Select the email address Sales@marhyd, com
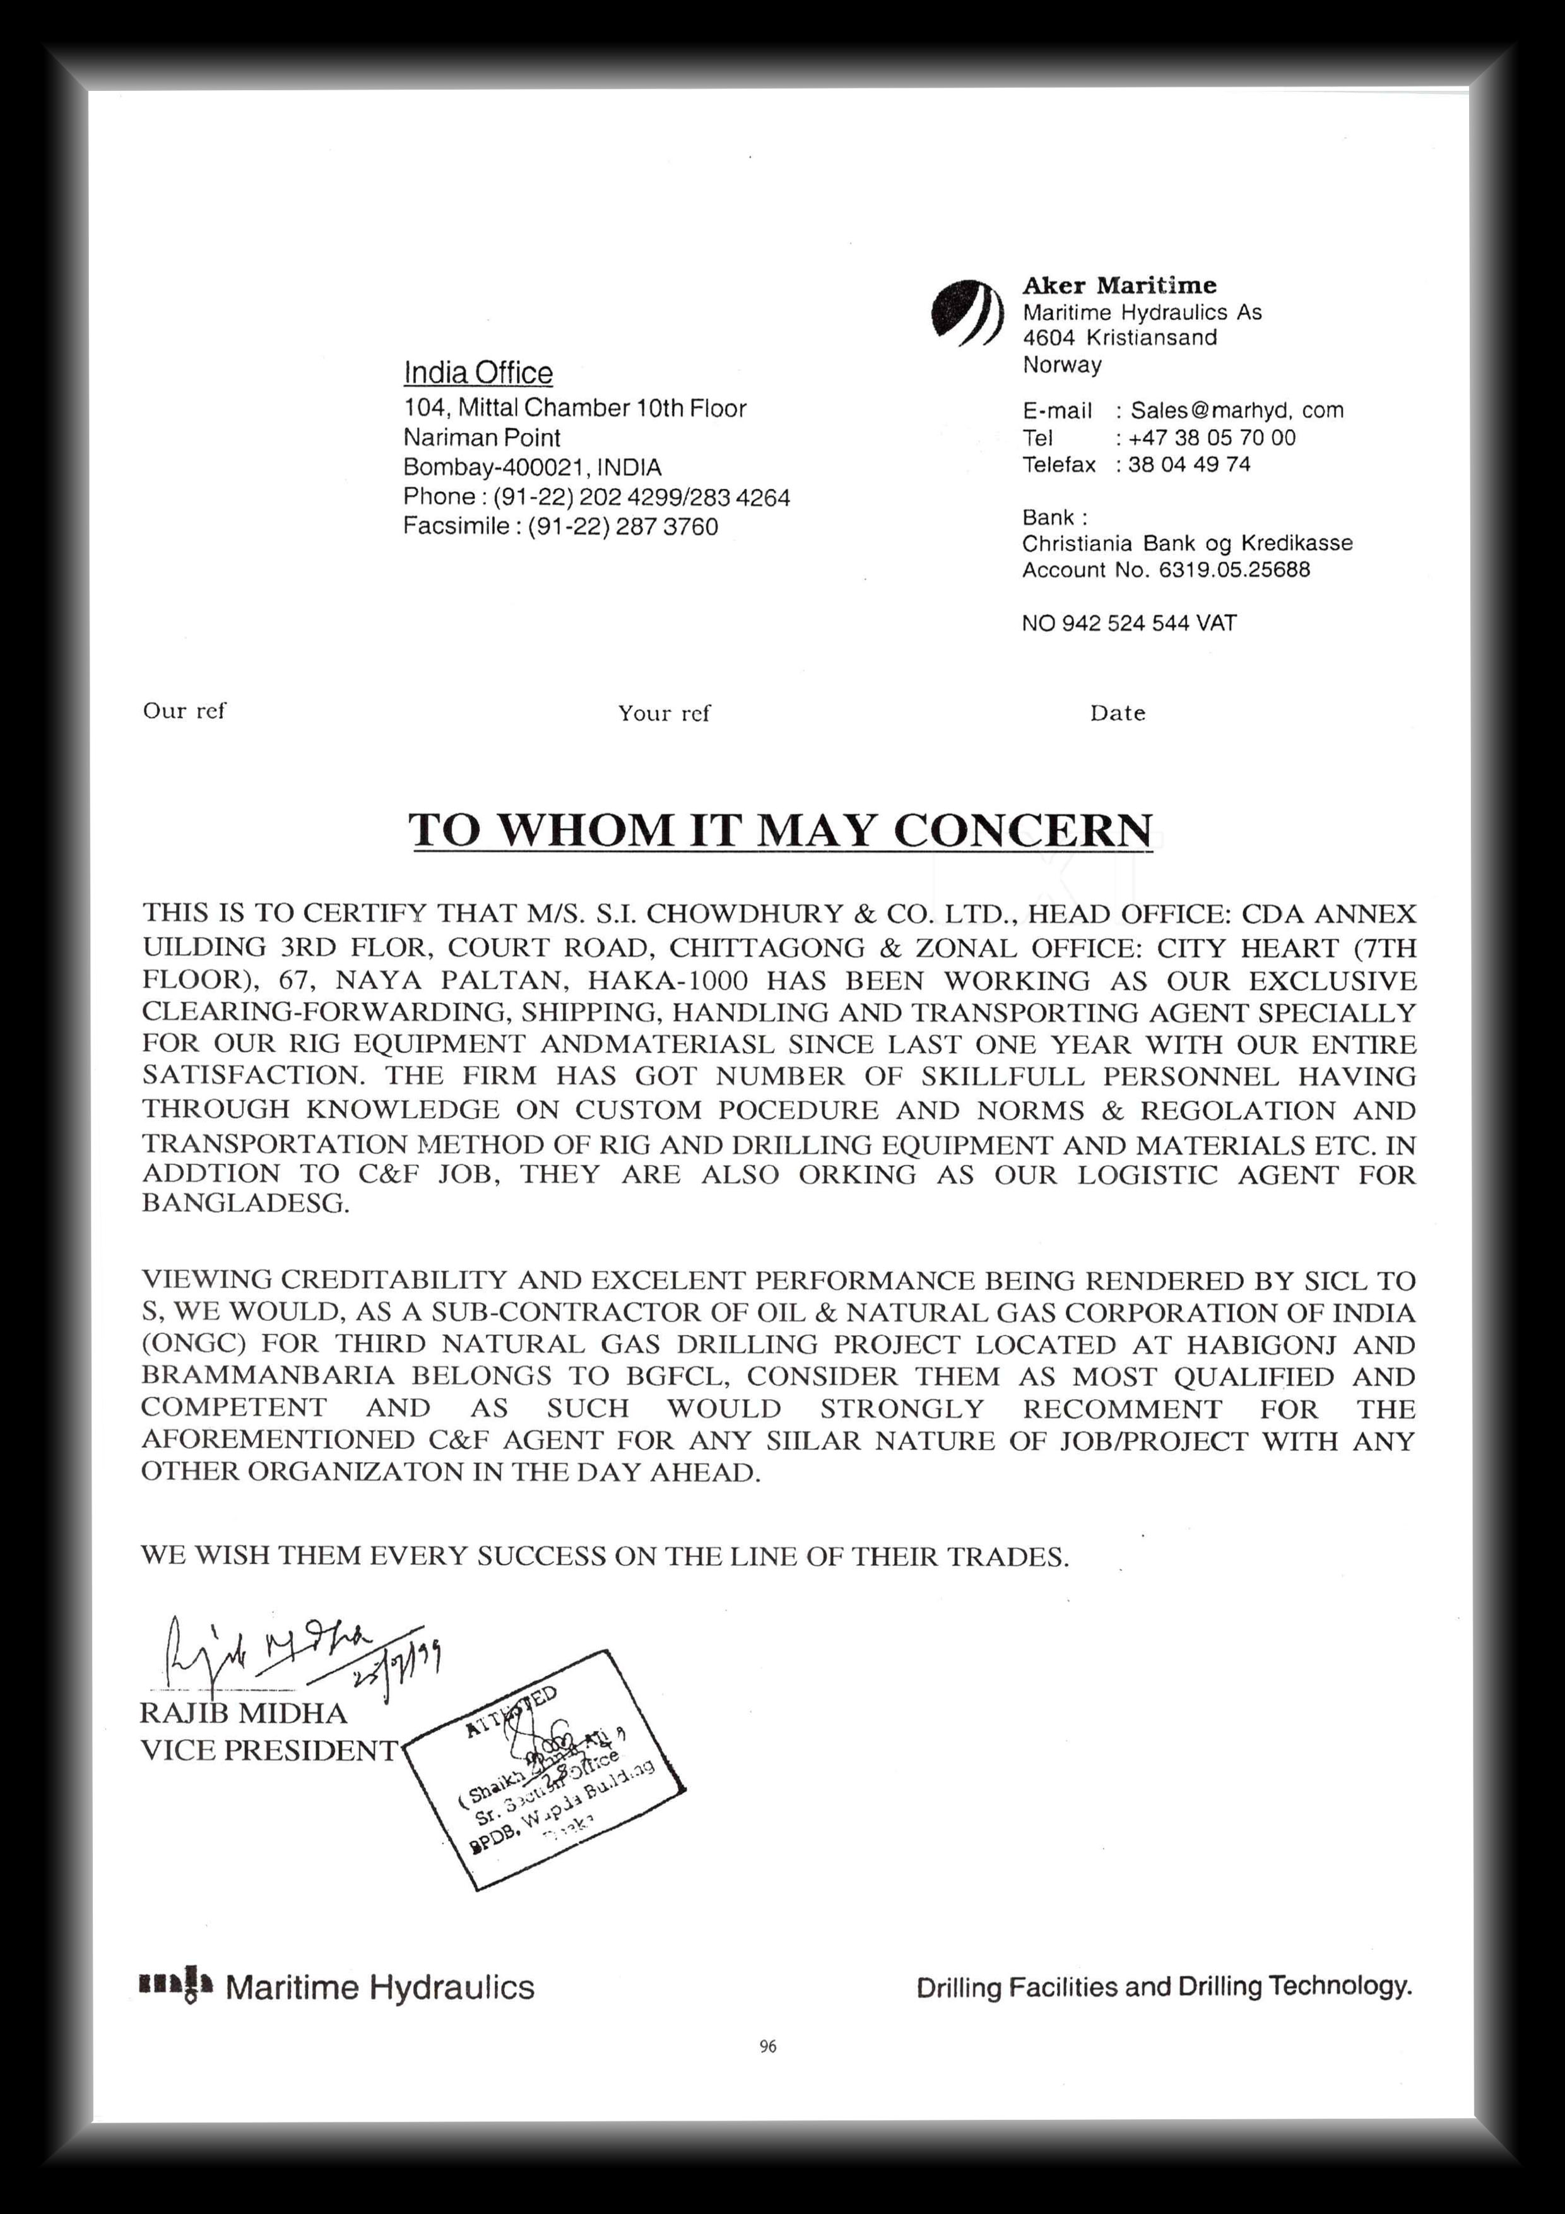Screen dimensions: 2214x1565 pos(1236,410)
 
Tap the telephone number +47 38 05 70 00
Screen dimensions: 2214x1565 pos(1212,438)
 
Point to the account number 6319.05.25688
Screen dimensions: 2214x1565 pos(1234,570)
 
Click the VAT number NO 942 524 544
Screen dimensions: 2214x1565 pos(1128,623)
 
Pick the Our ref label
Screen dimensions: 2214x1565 pos(184,711)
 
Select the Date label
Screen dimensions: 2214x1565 pos(1118,714)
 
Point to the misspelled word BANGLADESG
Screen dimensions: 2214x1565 pos(246,1204)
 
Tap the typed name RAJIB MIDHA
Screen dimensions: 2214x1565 pos(243,1714)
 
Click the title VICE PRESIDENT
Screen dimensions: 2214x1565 pos(268,1750)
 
